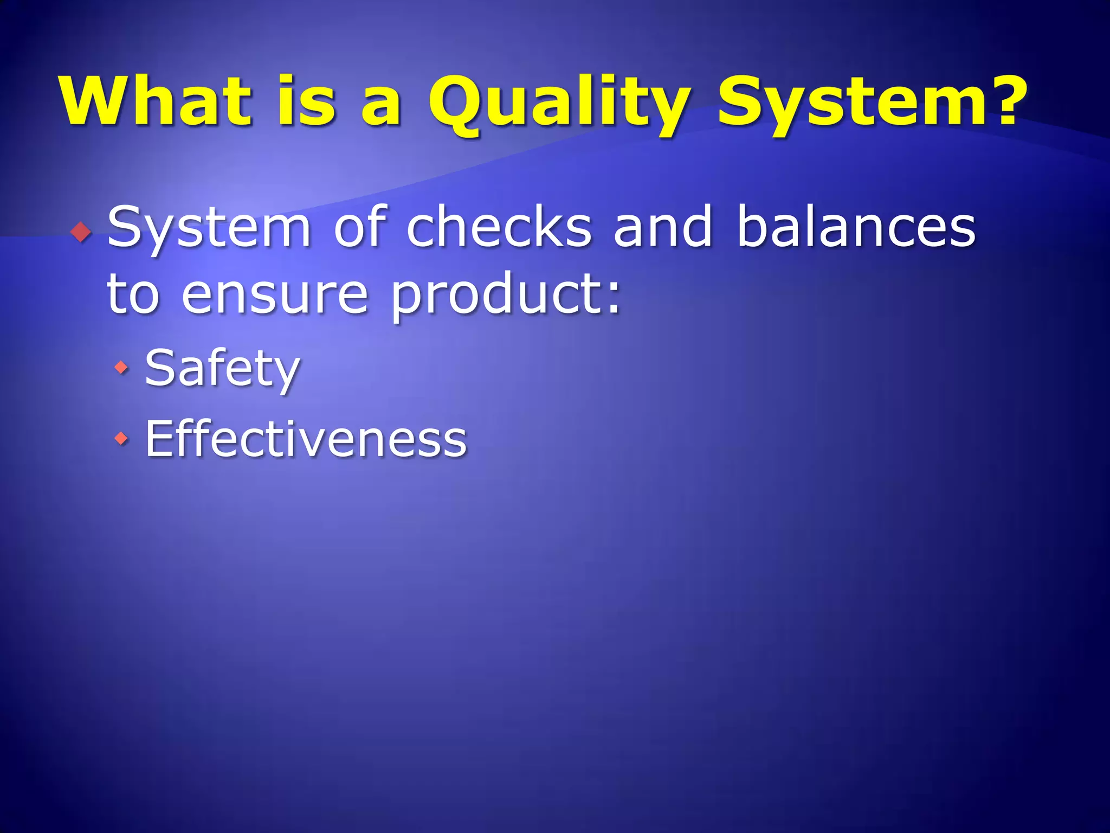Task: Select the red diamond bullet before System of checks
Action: (x=81, y=232)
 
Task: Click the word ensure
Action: (x=275, y=296)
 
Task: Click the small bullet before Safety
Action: (x=121, y=368)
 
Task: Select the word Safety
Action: (x=222, y=369)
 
